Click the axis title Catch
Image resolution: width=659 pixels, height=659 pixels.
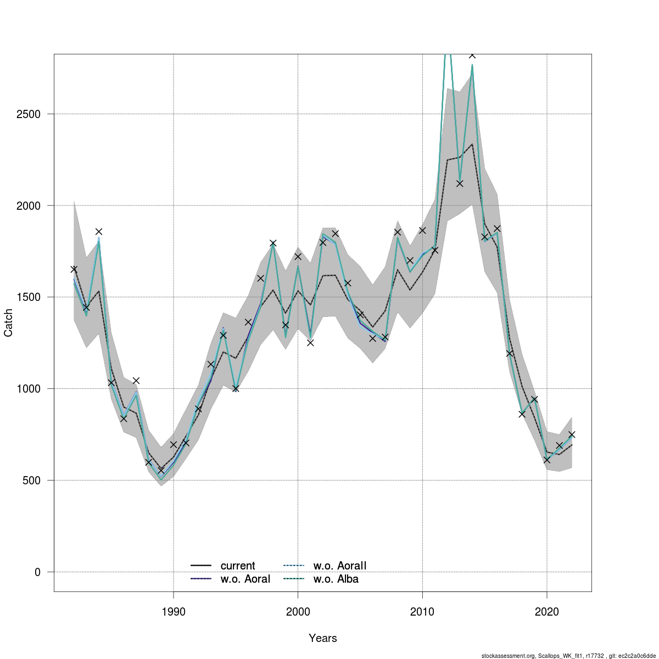[9, 323]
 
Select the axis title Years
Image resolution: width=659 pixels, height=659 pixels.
[323, 638]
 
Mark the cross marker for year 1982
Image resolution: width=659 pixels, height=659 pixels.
[74, 269]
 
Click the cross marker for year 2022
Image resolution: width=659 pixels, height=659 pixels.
[572, 434]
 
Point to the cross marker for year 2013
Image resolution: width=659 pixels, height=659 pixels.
[460, 183]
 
